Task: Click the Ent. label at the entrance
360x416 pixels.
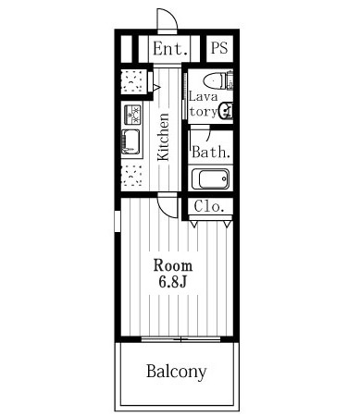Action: tap(170, 49)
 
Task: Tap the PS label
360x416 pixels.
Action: tap(219, 48)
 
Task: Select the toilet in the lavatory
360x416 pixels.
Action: tap(218, 80)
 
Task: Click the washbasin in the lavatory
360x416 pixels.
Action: tap(226, 110)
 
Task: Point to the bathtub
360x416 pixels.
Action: tap(211, 178)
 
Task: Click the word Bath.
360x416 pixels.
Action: tap(211, 152)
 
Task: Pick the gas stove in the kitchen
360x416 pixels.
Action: tap(132, 115)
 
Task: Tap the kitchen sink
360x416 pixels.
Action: tap(131, 141)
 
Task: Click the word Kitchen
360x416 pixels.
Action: tap(163, 137)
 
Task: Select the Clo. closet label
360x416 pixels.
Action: tap(209, 206)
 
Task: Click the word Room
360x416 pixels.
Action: tap(173, 265)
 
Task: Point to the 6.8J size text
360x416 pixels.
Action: tap(173, 282)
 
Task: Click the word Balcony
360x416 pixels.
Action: tap(177, 372)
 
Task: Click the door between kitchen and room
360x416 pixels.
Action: tap(168, 205)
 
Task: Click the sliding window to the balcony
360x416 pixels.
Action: tap(180, 339)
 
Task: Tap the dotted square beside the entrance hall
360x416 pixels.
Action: tap(133, 81)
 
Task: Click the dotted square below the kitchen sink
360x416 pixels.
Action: tap(131, 176)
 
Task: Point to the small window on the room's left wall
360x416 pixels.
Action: tap(118, 221)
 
